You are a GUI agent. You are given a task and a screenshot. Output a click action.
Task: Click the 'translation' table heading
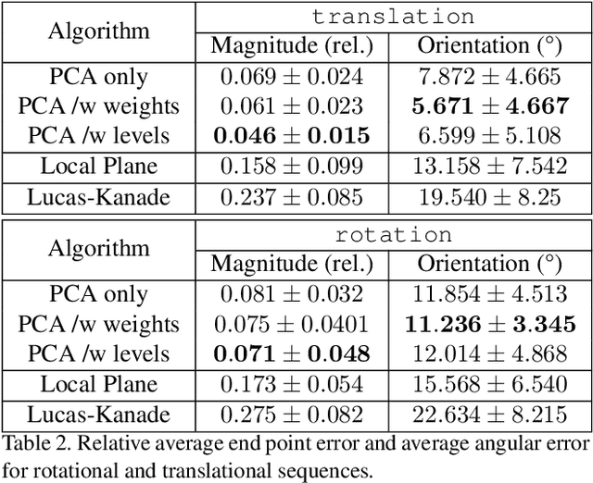tap(393, 17)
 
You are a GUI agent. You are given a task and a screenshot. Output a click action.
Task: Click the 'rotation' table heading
tap(393, 234)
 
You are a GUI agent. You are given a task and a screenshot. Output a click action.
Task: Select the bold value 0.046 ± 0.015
tap(292, 136)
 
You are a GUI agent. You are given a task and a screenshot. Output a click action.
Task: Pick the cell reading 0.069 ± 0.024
tap(292, 76)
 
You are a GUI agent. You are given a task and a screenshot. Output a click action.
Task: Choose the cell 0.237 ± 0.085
tap(292, 196)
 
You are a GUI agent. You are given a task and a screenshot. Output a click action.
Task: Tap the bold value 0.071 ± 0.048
tap(292, 353)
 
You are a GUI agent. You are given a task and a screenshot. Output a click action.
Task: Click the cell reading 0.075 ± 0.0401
tap(292, 324)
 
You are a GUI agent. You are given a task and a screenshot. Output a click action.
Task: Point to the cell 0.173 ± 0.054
tap(292, 384)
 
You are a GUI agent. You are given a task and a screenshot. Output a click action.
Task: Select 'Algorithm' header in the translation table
tap(98, 31)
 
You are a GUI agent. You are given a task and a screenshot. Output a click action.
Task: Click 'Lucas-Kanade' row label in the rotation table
tap(98, 414)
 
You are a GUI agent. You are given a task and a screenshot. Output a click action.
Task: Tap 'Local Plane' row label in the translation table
tap(98, 167)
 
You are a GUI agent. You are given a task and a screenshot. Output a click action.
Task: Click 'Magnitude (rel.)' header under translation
tap(292, 45)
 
